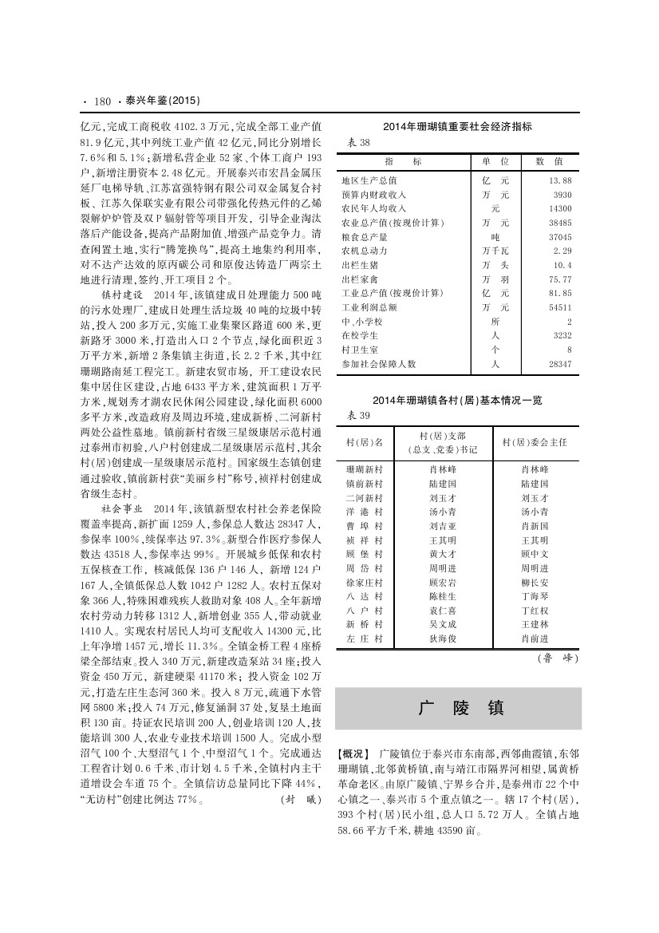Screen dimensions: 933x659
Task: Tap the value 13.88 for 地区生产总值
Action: coord(561,180)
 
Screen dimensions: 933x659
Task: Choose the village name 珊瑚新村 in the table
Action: coord(364,469)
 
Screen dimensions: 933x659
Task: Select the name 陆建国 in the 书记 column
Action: coord(442,484)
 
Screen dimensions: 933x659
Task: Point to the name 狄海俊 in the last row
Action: coord(442,639)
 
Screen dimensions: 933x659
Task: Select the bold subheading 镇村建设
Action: coord(125,294)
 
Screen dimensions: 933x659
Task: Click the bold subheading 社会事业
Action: coord(125,508)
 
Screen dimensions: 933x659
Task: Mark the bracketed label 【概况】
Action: coord(355,753)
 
